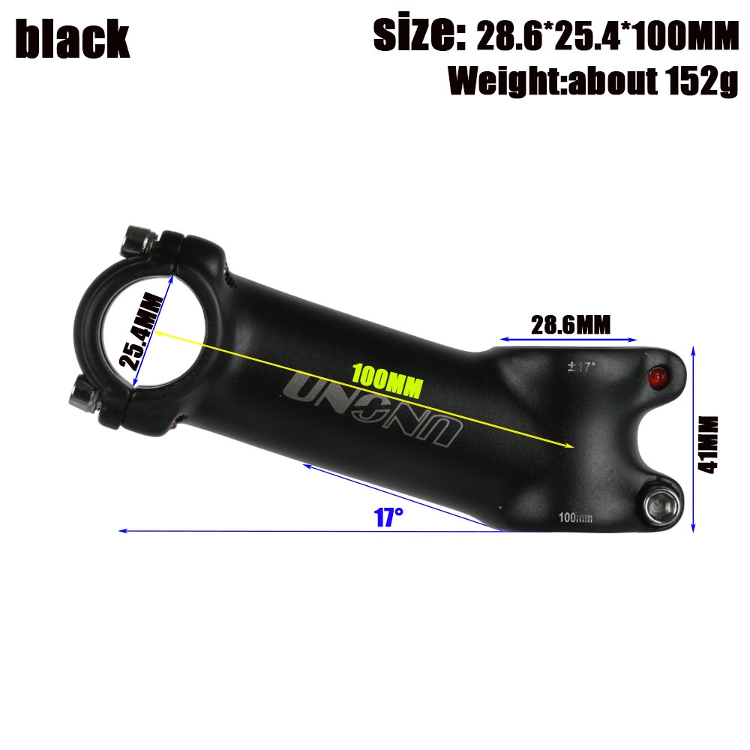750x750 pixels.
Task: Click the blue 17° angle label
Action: [389, 517]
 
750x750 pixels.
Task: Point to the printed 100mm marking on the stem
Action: [576, 517]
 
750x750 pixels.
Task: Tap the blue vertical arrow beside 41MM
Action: [693, 439]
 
